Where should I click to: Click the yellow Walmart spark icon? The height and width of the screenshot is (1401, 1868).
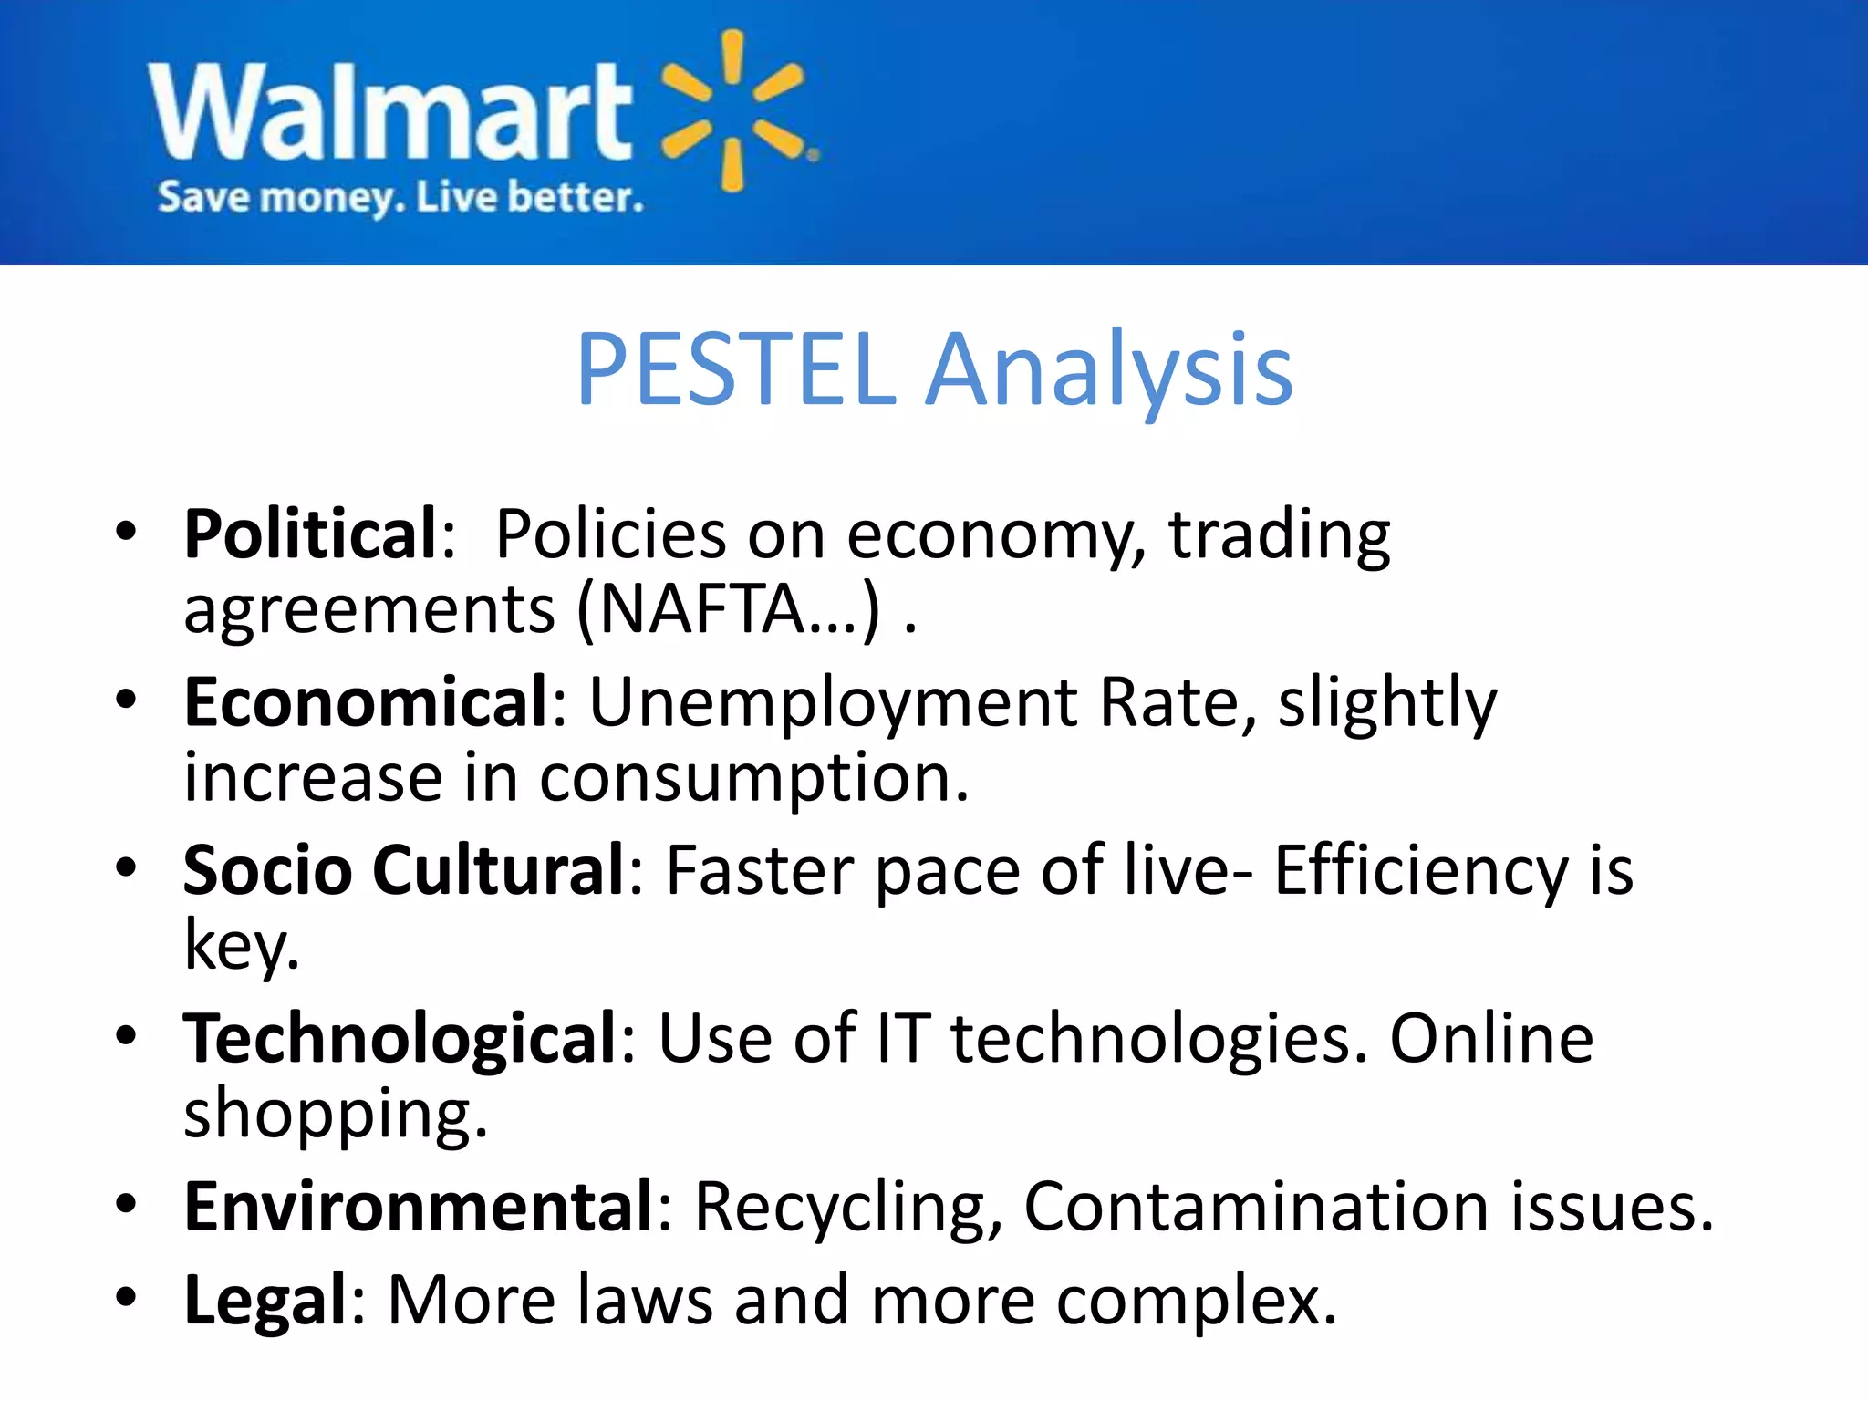pos(734,111)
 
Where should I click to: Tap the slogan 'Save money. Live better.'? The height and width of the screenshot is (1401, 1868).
pos(400,197)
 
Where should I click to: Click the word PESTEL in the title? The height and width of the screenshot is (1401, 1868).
pos(737,369)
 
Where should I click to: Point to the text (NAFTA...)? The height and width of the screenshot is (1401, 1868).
pos(730,609)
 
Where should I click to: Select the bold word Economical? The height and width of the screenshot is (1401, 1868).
pos(366,702)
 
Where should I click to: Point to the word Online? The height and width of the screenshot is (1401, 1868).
pos(1490,1039)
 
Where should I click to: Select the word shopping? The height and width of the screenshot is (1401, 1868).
pos(336,1116)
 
